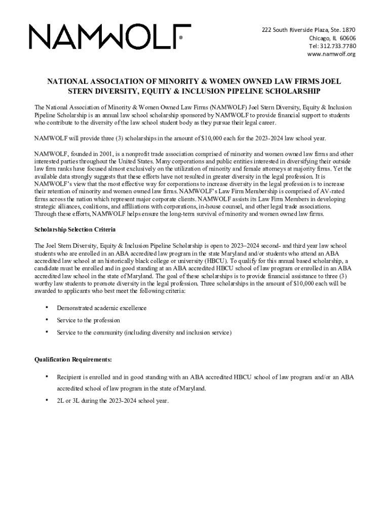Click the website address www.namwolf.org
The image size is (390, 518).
click(x=331, y=54)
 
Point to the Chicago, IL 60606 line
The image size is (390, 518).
click(x=332, y=38)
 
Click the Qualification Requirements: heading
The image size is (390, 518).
click(x=73, y=360)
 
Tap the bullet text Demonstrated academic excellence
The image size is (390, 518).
click(x=101, y=308)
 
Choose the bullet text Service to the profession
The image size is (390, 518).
click(x=88, y=320)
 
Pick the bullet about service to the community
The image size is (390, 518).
click(x=144, y=332)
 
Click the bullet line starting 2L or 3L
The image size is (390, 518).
click(x=112, y=401)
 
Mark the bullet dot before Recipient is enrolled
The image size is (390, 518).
click(x=47, y=377)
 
